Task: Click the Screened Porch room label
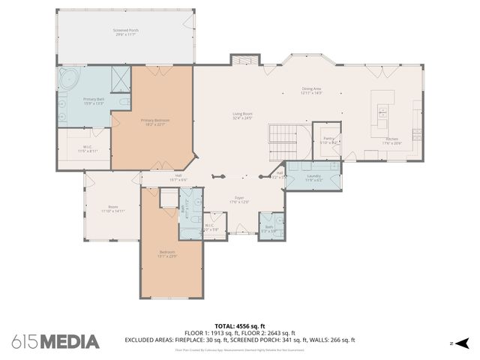pyautogui.click(x=125, y=31)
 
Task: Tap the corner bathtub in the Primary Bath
pyautogui.click(x=69, y=79)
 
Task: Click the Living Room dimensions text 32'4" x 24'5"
pyautogui.click(x=241, y=118)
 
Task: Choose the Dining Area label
pyautogui.click(x=311, y=88)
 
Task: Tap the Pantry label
pyautogui.click(x=328, y=138)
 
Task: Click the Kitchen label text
pyautogui.click(x=392, y=139)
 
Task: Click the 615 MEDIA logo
pyautogui.click(x=55, y=341)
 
